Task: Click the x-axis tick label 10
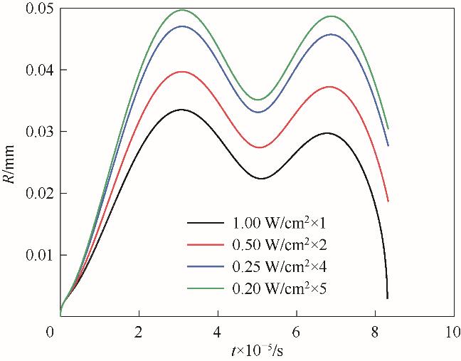point(451,332)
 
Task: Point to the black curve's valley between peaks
point(260,179)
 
